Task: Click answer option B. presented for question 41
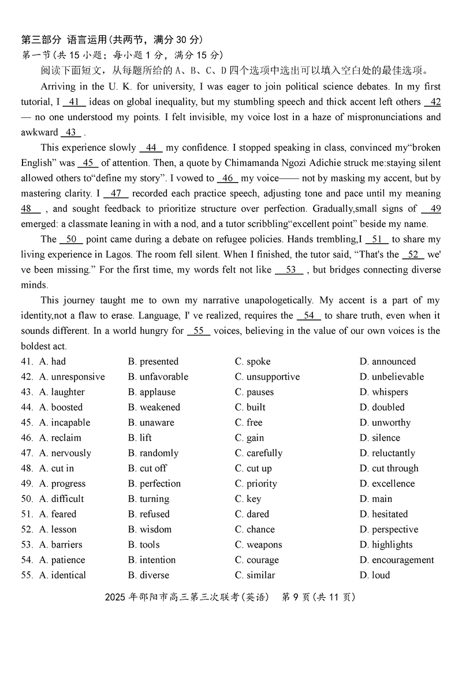point(153,362)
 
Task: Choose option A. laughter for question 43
point(62,392)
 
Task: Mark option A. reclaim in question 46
point(60,438)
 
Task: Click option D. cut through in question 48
point(388,468)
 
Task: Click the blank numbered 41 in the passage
point(73,102)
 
